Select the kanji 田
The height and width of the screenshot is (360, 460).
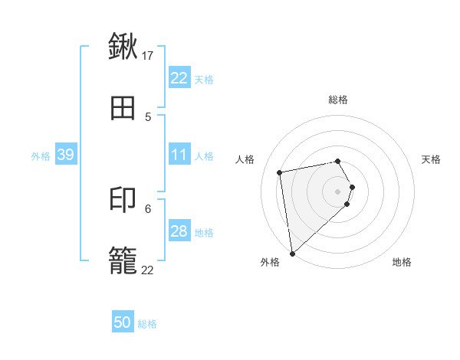(123, 109)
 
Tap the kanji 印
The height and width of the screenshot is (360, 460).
(123, 200)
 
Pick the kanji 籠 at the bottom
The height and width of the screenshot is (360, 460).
(123, 262)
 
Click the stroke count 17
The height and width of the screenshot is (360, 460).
(148, 55)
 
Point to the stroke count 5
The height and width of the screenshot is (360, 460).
(148, 117)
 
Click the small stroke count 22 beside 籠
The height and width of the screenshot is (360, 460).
(147, 270)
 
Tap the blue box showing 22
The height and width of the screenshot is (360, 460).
(179, 78)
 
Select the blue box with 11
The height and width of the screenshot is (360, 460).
(179, 155)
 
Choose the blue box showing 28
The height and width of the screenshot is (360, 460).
(179, 231)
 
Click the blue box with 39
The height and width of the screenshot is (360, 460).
(66, 155)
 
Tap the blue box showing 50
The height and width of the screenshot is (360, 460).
(123, 322)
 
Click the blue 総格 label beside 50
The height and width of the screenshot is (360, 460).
(147, 324)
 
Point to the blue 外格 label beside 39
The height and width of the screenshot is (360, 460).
(41, 156)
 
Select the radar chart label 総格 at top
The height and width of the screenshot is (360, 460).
(338, 100)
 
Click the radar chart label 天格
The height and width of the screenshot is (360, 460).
(432, 159)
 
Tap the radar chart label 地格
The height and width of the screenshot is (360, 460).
(402, 263)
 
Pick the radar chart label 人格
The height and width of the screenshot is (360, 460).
(245, 159)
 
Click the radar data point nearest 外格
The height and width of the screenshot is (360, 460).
(292, 253)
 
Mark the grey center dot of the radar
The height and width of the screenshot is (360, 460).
(338, 191)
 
